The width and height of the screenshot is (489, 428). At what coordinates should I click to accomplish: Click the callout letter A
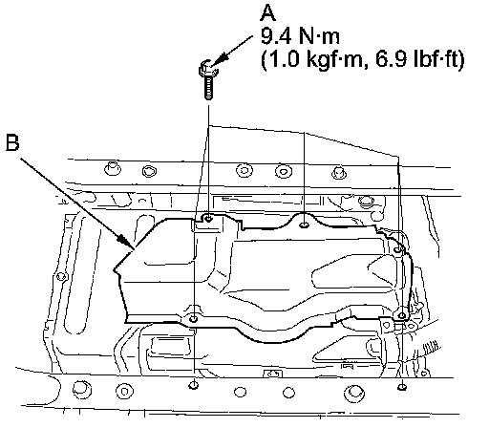click(267, 13)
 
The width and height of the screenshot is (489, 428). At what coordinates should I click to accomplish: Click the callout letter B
click(12, 142)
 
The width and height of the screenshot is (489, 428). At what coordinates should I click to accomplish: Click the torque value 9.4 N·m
click(300, 36)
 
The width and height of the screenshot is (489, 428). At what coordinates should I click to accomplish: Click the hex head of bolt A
click(207, 68)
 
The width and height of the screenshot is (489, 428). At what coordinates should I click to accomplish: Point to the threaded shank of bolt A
click(208, 87)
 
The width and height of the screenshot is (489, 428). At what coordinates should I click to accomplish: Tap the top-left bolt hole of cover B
click(208, 219)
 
